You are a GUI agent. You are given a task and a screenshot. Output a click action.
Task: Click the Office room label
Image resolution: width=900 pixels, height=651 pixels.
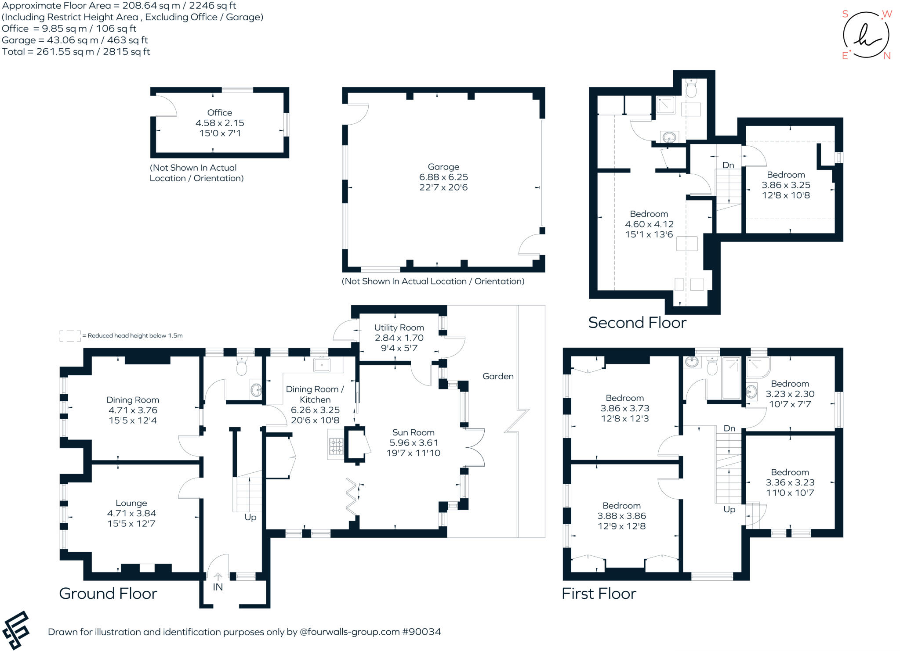219,112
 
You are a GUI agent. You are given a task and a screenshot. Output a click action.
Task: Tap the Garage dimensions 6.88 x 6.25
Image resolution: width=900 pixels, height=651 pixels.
443,177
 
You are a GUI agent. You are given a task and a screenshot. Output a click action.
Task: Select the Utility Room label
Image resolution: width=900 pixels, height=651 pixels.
399,327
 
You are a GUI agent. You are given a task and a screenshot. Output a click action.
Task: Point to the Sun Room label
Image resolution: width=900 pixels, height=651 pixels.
413,432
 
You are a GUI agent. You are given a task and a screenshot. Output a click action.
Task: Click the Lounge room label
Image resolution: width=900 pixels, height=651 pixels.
131,503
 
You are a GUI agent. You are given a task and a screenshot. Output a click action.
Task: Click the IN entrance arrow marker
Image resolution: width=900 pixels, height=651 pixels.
218,576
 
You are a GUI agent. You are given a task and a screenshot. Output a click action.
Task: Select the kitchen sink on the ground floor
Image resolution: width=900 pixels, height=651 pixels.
322,364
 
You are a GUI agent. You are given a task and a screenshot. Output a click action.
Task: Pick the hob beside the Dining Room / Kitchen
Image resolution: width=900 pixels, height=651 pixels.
336,446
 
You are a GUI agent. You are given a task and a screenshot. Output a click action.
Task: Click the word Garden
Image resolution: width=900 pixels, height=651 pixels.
498,376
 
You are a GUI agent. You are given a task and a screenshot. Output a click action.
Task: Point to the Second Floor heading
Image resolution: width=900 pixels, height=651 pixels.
637,323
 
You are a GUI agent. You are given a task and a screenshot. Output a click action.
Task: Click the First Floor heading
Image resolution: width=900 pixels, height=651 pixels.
599,593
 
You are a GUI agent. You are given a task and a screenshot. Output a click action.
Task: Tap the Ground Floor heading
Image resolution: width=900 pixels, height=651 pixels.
108,593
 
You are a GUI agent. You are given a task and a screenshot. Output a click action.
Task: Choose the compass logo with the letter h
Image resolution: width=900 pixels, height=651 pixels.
866,35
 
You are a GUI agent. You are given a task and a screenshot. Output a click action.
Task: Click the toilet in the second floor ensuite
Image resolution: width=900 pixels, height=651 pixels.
691,88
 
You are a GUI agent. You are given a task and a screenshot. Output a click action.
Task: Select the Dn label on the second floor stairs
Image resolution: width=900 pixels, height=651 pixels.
728,165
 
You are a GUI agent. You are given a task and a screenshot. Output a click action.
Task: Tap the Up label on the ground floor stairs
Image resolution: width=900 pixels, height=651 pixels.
250,518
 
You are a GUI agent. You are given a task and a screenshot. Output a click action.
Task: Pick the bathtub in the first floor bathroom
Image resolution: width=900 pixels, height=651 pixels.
732,378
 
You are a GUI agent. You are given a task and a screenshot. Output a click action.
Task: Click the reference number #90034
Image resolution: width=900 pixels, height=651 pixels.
421,632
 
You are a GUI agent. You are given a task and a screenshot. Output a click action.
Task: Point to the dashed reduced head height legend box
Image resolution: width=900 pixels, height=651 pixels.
70,336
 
